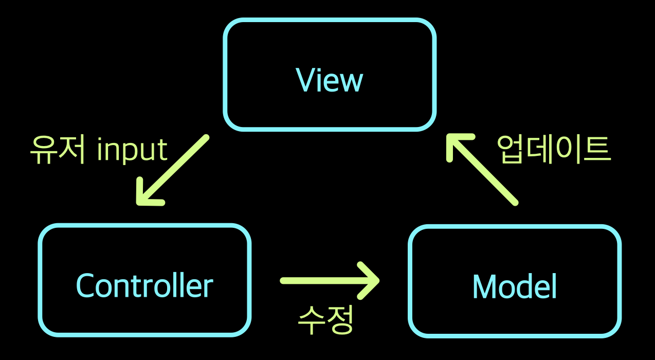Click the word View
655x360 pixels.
330,80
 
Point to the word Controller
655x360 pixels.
144,286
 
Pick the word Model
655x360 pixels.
515,286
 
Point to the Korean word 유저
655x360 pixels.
57,149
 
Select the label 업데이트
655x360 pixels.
553,150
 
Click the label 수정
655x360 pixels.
325,320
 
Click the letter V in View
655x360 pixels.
304,80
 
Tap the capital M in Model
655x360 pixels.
483,286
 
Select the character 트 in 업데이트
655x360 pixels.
596,150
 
